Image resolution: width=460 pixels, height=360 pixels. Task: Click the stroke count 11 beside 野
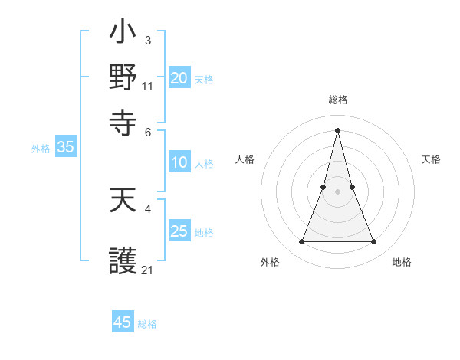[x=148, y=86]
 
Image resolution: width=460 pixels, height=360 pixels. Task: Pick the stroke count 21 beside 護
[x=148, y=270]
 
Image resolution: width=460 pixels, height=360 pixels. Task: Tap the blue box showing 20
[x=179, y=78]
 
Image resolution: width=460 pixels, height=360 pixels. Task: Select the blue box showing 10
[x=179, y=162]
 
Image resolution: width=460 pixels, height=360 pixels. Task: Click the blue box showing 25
[x=179, y=231]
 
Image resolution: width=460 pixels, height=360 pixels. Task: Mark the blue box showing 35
[x=65, y=148]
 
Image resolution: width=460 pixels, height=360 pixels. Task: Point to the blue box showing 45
[x=123, y=322]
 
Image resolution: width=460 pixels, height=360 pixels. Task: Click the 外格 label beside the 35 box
[x=41, y=149]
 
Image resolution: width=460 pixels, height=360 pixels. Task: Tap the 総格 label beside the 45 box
[x=147, y=324]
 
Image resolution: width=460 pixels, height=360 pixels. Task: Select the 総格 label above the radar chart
[x=337, y=100]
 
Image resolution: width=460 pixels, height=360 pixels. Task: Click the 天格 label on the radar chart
[x=431, y=159]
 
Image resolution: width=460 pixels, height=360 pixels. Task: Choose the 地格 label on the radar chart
[x=402, y=262]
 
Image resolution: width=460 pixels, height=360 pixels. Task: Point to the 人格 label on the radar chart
[x=245, y=159]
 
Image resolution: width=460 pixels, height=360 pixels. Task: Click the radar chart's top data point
[x=337, y=129]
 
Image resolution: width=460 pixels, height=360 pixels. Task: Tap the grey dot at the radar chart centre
[x=337, y=191]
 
